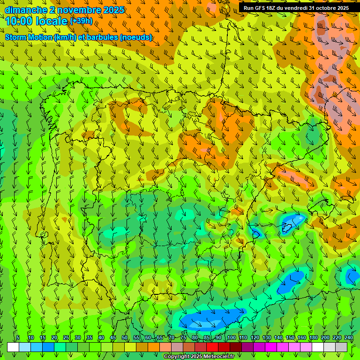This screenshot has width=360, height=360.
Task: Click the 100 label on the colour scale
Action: [x=232, y=337]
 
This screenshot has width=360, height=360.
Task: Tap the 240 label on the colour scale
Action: [x=349, y=337]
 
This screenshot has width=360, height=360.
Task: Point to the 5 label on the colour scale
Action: [x=18, y=337]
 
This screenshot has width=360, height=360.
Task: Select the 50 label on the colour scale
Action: [x=125, y=337]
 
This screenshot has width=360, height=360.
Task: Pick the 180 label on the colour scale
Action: [x=313, y=337]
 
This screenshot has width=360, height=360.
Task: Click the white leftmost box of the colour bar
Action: [x=13, y=347]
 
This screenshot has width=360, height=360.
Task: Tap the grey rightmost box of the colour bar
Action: [x=341, y=347]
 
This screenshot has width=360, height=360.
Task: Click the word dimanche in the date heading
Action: [x=26, y=10]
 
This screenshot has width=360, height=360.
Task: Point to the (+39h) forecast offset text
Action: [x=81, y=21]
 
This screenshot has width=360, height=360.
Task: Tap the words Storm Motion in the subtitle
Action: [x=29, y=37]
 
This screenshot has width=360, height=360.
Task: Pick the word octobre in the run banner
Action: [x=326, y=8]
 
